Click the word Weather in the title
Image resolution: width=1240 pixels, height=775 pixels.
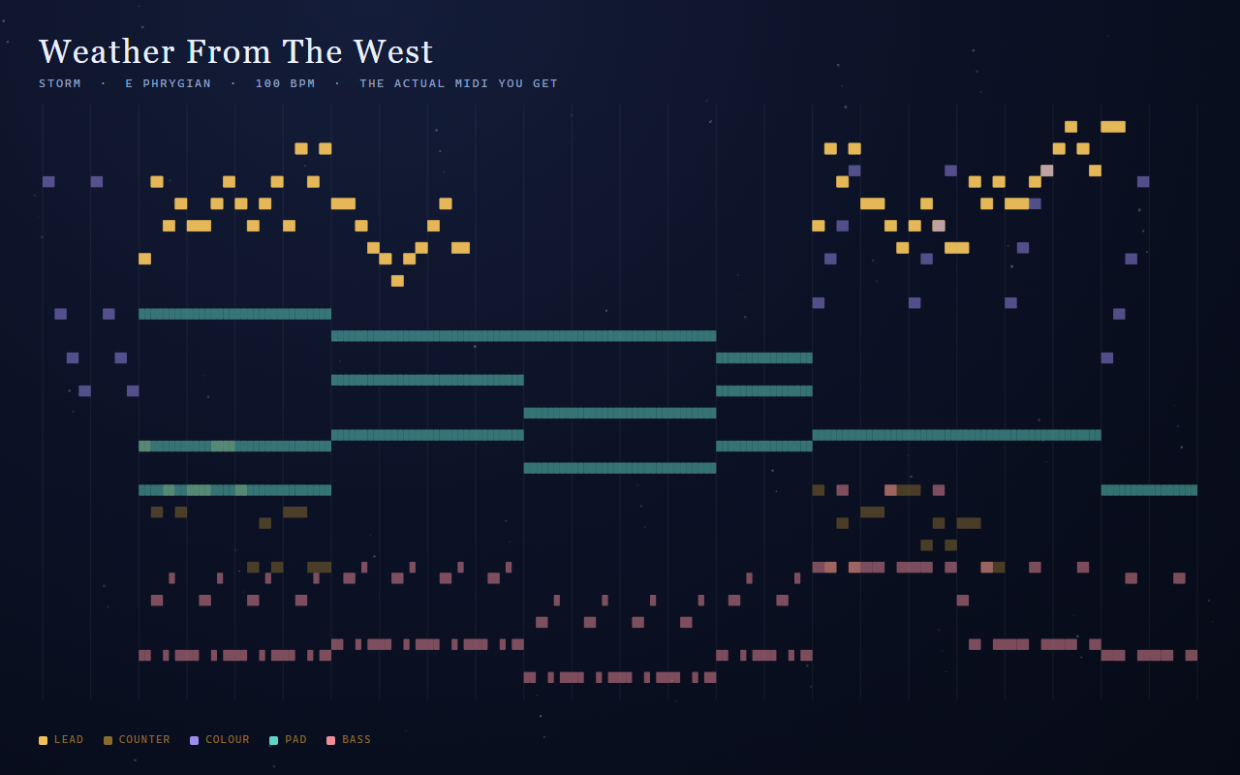[107, 52]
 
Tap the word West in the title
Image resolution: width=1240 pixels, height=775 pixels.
[393, 52]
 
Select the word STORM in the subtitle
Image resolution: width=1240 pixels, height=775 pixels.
[60, 83]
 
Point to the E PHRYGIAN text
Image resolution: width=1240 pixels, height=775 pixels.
[169, 83]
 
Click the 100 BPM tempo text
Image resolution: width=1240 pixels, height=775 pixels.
[285, 83]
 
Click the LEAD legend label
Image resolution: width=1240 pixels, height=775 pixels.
[69, 739]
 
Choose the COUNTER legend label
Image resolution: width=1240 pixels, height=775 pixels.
[144, 739]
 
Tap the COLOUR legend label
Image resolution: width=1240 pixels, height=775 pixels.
[228, 739]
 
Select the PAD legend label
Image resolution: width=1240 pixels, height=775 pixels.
[295, 739]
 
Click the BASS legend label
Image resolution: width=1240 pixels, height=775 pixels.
[356, 739]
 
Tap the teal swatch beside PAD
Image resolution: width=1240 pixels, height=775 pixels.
[273, 741]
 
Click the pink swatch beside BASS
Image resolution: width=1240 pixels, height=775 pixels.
[331, 741]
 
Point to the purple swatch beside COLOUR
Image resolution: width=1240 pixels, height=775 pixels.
[195, 741]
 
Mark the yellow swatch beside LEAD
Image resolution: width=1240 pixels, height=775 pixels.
[44, 741]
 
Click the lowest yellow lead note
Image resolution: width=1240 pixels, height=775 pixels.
[397, 281]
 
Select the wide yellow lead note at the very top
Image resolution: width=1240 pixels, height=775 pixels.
[1113, 127]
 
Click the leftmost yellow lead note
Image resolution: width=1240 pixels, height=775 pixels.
[144, 259]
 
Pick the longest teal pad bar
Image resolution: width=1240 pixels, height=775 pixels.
[524, 335]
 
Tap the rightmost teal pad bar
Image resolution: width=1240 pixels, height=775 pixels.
[1149, 490]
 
